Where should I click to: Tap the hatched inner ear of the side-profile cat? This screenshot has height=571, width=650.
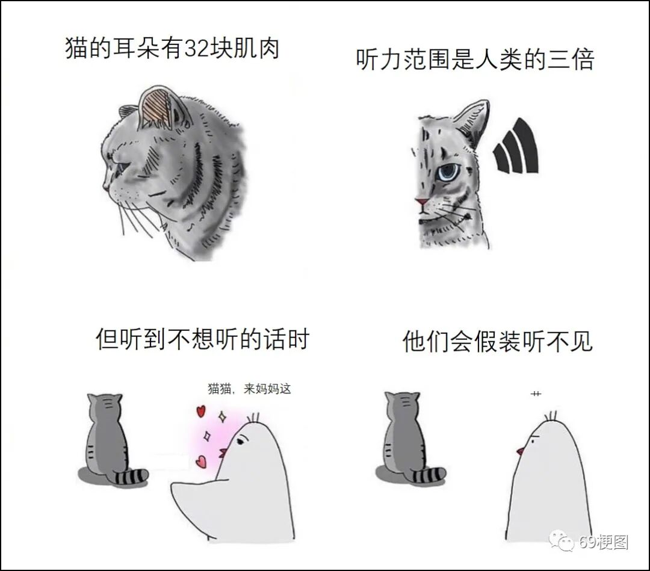pos(155,107)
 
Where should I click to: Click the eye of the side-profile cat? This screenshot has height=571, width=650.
pos(122,165)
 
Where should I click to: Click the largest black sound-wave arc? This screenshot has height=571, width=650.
pos(527,145)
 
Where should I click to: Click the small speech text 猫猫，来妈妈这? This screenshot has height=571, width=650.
pos(250,389)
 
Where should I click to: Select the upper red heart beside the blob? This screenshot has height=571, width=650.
pos(200,411)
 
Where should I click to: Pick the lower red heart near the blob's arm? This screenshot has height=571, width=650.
pos(202,461)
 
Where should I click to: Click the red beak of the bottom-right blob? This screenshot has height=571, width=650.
pos(520,451)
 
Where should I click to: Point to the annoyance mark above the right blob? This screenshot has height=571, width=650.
pos(536,394)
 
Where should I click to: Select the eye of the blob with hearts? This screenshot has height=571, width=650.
pos(240,442)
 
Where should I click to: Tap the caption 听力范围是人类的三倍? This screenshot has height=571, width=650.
pos(475,59)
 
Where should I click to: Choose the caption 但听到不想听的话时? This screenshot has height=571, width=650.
pos(203,339)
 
